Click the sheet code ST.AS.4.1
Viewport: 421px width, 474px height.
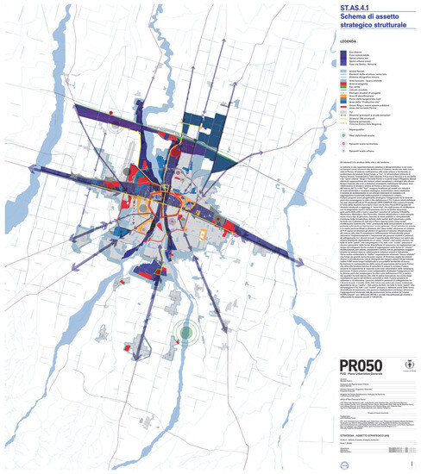click(x=336, y=9)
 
